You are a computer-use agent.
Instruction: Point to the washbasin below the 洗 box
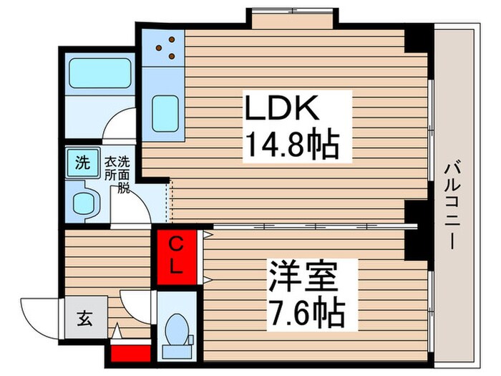(x=84, y=201)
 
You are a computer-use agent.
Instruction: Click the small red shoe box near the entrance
(x=130, y=352)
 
